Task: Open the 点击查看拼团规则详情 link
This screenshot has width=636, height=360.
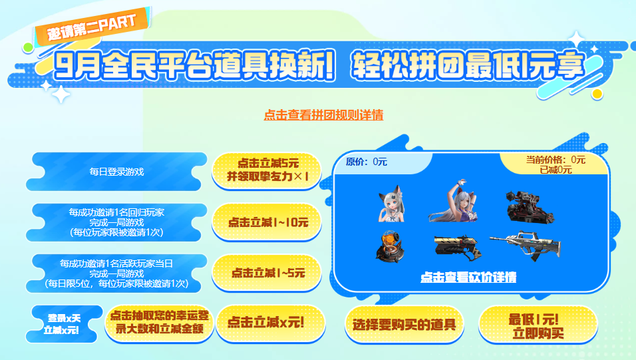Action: pyautogui.click(x=323, y=115)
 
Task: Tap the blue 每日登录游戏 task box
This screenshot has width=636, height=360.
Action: pyautogui.click(x=116, y=172)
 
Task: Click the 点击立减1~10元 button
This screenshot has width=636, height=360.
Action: pyautogui.click(x=267, y=222)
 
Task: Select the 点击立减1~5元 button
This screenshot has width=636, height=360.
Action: pyautogui.click(x=267, y=273)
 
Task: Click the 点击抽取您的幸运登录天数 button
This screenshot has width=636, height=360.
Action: pyautogui.click(x=160, y=323)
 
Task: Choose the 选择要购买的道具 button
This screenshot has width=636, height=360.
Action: pyautogui.click(x=404, y=324)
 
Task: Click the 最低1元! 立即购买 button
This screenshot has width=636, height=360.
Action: pyautogui.click(x=538, y=325)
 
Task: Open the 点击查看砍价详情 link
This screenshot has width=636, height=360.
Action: pyautogui.click(x=468, y=277)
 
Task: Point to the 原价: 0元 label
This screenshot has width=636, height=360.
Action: pyautogui.click(x=367, y=162)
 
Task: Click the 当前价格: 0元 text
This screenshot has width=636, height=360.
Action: pyautogui.click(x=556, y=160)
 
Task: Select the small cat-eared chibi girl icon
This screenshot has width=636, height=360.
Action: pyautogui.click(x=391, y=204)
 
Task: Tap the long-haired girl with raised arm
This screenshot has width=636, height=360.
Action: pyautogui.click(x=454, y=202)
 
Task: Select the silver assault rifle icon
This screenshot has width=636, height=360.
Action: pyautogui.click(x=526, y=245)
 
